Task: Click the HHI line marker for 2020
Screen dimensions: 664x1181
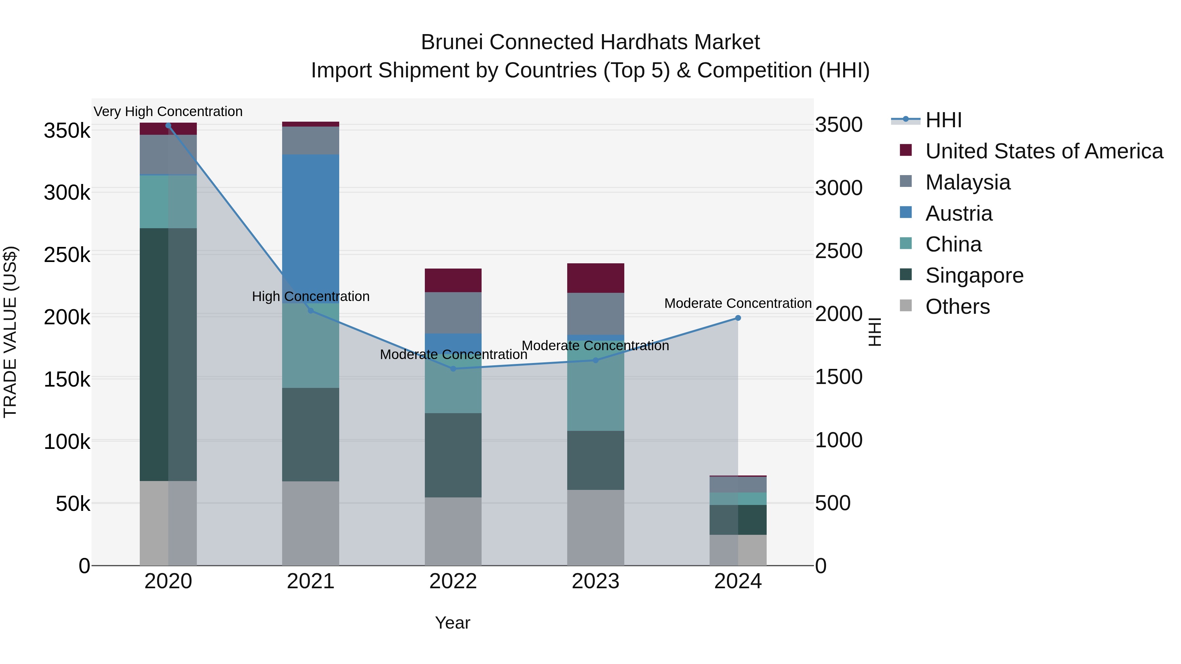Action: tap(168, 126)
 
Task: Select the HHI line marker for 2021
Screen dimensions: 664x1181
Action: tap(311, 311)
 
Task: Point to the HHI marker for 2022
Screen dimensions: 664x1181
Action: tap(453, 369)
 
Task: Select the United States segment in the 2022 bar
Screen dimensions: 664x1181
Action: tap(453, 280)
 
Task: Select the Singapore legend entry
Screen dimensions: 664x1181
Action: tap(974, 275)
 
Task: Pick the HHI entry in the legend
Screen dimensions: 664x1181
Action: tap(943, 120)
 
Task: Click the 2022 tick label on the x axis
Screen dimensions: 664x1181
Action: tap(453, 581)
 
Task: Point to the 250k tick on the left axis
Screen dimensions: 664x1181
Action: tap(67, 255)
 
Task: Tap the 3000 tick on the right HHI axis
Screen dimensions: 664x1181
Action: tap(839, 188)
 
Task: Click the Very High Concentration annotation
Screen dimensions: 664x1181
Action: tap(168, 112)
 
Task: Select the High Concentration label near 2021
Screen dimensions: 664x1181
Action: tap(311, 296)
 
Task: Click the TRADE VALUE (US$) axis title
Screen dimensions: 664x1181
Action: tap(10, 332)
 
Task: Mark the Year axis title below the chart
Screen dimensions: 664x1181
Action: tap(452, 623)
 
